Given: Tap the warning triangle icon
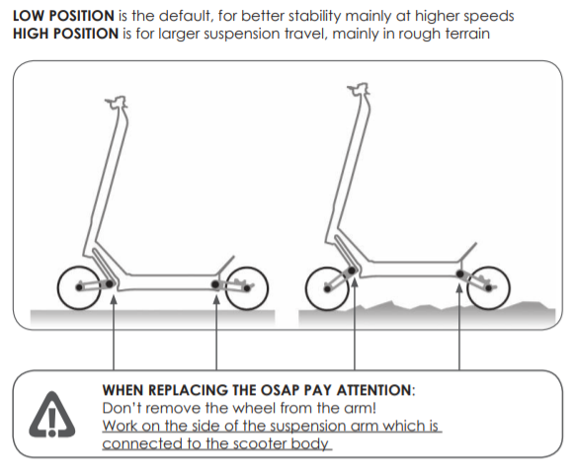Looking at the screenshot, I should point(48,415).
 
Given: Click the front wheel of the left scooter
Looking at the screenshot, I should point(78,287).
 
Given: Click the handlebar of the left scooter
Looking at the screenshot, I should point(118,103).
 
